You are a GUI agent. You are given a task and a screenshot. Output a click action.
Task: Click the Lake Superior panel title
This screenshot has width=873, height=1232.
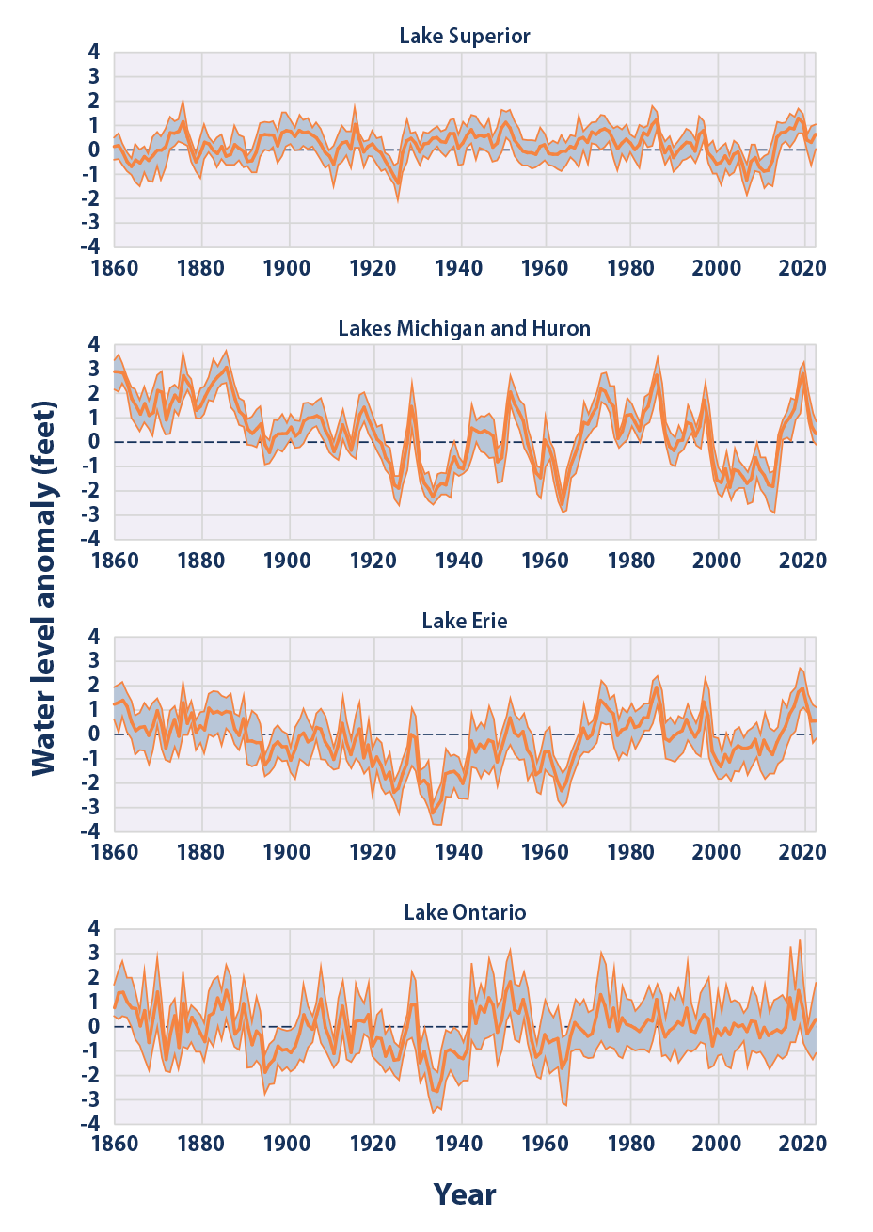coord(465,37)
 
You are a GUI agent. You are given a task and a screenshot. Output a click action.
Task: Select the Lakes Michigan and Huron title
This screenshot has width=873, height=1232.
coord(465,328)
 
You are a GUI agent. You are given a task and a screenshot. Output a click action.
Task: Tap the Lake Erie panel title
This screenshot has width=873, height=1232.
coord(465,621)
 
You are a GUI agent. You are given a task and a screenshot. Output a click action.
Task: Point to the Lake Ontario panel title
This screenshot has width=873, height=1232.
coord(465,912)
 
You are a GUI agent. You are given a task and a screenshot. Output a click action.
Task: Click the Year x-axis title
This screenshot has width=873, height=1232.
coord(465,1194)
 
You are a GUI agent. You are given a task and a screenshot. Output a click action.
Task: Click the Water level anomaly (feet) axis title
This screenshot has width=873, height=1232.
coord(44,589)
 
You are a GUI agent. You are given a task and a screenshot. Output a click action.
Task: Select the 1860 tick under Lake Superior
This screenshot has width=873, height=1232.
coord(115,268)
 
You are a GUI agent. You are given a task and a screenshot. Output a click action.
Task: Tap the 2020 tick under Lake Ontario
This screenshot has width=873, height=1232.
coord(802,1144)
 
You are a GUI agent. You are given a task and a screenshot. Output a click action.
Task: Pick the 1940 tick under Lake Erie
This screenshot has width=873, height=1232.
coord(459,852)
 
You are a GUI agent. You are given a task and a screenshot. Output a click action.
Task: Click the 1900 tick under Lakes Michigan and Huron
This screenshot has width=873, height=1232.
coord(287,561)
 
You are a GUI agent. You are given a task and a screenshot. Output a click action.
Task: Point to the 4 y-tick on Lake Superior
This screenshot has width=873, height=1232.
coord(94,52)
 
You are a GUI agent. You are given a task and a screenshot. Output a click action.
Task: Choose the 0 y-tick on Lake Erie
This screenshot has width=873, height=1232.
coord(94,734)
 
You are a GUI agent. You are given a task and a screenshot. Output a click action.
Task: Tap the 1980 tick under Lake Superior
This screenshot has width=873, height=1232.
coord(631,268)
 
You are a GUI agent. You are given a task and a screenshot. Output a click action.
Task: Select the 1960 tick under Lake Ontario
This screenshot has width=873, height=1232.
coord(545,1144)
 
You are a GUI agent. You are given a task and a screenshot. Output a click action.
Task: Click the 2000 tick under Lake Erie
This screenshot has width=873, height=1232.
coord(717,852)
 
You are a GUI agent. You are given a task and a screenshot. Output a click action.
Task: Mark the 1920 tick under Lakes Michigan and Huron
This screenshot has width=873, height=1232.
coord(373,561)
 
